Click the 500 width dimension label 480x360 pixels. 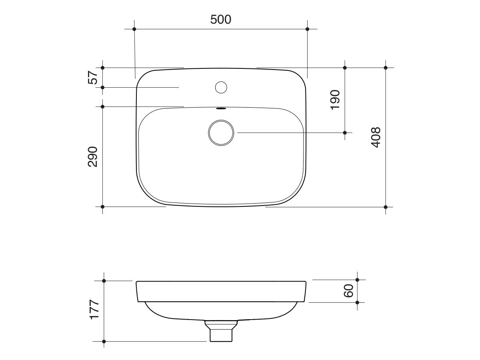221,19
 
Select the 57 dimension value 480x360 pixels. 93,77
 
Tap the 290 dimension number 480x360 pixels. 93,156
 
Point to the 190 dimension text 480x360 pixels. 335,100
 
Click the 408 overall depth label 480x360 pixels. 376,137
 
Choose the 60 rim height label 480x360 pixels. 348,291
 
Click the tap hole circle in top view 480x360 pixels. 221,87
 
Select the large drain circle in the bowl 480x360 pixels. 221,132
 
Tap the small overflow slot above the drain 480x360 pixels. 221,108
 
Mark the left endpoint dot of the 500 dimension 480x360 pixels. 134,29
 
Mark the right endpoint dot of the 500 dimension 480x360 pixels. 307,29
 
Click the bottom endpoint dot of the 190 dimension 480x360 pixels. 345,132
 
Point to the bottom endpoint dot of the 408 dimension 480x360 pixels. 386,207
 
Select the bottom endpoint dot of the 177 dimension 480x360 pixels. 104,341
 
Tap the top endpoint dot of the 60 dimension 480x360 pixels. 358,280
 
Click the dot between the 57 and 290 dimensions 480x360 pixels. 103,87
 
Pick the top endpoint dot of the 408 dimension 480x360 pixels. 386,68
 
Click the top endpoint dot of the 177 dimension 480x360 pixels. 104,281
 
